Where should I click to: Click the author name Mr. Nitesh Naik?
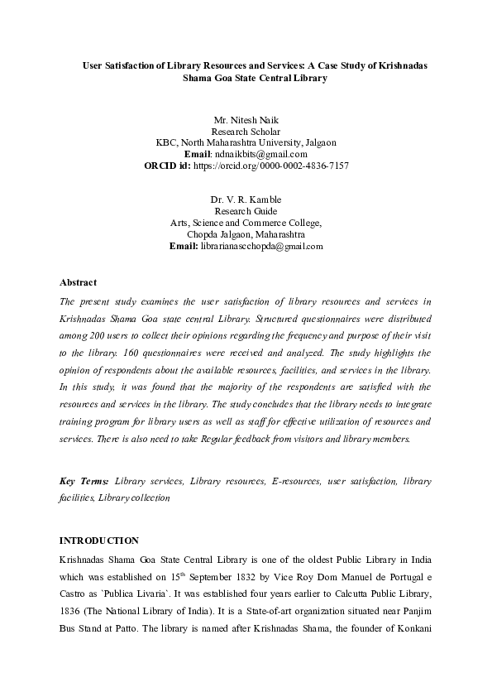[246, 120]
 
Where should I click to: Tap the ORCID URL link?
[270, 166]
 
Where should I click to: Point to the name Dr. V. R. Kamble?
[246, 199]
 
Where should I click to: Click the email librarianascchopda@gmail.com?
[261, 246]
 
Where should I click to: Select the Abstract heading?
[79, 283]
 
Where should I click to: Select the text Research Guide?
[246, 211]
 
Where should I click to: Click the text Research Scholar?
[246, 132]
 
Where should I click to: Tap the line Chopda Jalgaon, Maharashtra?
[246, 234]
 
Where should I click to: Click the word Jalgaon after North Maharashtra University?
[320, 142]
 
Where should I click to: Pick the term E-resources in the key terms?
[295, 481]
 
